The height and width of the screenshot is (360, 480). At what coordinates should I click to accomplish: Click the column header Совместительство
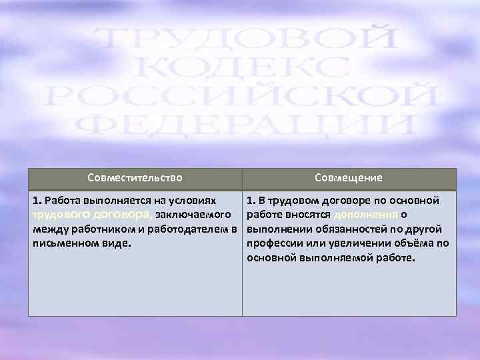tap(135, 178)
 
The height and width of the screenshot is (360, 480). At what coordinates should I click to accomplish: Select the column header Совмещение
tap(349, 178)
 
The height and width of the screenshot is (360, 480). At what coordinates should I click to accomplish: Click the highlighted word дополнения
tap(366, 215)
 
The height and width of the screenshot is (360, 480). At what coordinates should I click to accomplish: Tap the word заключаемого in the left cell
tap(193, 215)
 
